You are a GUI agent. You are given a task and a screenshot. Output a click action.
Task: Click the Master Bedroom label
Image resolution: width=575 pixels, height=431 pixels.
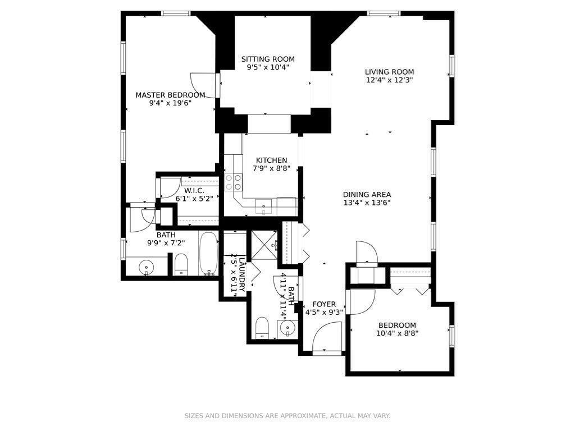tap(170, 95)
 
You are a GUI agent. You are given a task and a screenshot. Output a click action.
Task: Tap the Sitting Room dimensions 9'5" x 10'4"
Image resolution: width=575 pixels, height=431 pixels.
tap(268, 67)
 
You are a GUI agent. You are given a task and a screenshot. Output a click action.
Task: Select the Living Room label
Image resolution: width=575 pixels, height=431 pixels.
tap(389, 71)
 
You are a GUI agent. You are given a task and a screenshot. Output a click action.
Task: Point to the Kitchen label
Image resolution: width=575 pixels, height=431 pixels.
tap(271, 160)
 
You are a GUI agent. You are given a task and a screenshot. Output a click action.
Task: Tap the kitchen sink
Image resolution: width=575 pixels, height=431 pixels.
tap(263, 207)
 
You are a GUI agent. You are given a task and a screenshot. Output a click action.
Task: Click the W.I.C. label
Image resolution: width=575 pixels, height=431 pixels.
tap(194, 190)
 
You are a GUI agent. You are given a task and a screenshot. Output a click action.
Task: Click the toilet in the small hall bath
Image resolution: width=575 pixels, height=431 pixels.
tap(262, 327)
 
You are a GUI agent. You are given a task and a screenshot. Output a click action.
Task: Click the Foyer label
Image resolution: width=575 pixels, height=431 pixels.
tap(324, 304)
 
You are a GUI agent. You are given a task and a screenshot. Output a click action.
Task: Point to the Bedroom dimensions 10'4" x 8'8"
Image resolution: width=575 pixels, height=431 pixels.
tap(397, 333)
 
